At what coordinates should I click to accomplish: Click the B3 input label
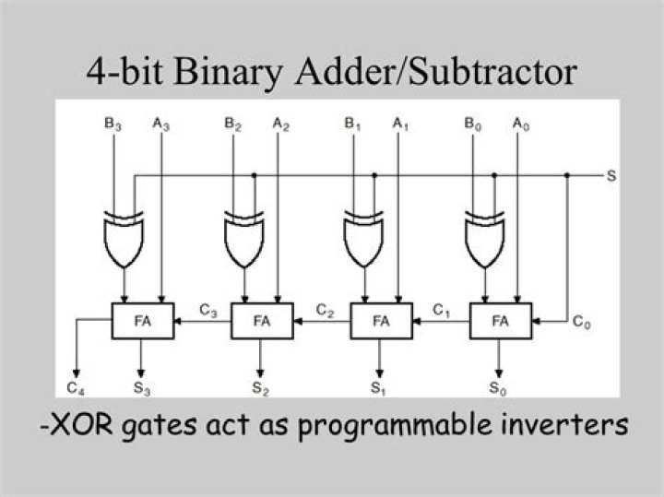(x=113, y=124)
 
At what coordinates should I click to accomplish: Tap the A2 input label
(x=280, y=124)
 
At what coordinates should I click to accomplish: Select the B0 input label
(x=472, y=124)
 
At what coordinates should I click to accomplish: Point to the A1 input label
(x=400, y=124)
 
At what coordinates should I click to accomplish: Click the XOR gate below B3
(x=124, y=239)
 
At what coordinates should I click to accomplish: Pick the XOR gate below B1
(x=363, y=239)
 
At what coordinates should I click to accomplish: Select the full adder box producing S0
(x=501, y=321)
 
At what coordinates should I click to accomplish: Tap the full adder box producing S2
(x=262, y=321)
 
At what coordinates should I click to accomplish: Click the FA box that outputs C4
(x=143, y=321)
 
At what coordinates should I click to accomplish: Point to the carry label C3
(x=207, y=311)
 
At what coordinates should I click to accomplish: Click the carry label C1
(x=441, y=311)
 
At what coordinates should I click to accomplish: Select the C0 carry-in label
(x=581, y=322)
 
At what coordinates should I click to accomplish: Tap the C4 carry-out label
(x=76, y=388)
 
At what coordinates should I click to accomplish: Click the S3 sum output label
(x=142, y=388)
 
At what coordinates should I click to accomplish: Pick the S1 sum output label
(x=378, y=388)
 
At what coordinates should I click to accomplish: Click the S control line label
(x=611, y=176)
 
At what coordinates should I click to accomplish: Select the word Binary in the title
(x=228, y=73)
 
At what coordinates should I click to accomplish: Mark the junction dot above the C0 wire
(x=567, y=175)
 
